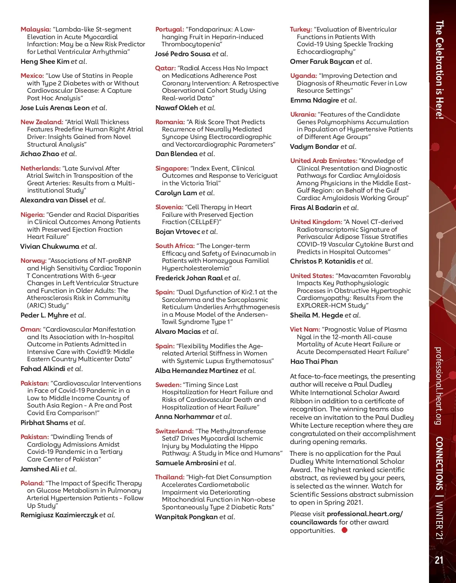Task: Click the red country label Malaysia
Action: pyautogui.click(x=35, y=29)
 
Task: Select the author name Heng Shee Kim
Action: pyautogui.click(x=45, y=62)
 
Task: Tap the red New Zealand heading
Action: pyautogui.click(x=42, y=122)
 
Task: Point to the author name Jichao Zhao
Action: pyautogui.click(x=40, y=154)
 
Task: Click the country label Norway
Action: pyautogui.click(x=33, y=261)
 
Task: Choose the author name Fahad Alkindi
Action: pyautogui.click(x=43, y=369)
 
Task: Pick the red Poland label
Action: pyautogui.click(x=32, y=483)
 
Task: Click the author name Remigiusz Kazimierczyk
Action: pyautogui.click(x=59, y=515)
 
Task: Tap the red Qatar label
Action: pyautogui.click(x=165, y=68)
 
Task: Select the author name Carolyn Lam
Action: pyautogui.click(x=176, y=193)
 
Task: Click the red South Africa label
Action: pyautogui.click(x=175, y=246)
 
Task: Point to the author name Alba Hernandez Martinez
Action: pyautogui.click(x=196, y=371)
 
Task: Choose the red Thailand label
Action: pyautogui.click(x=169, y=477)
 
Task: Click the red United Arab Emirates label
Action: pyautogui.click(x=323, y=161)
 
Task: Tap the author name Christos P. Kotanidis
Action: pyautogui.click(x=323, y=261)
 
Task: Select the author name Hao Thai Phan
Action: pyautogui.click(x=314, y=362)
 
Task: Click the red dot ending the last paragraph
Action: pyautogui.click(x=344, y=530)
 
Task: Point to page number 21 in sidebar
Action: pyautogui.click(x=439, y=560)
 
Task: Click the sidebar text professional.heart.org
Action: pyautogui.click(x=438, y=386)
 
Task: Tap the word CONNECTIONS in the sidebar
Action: pyautogui.click(x=439, y=463)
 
